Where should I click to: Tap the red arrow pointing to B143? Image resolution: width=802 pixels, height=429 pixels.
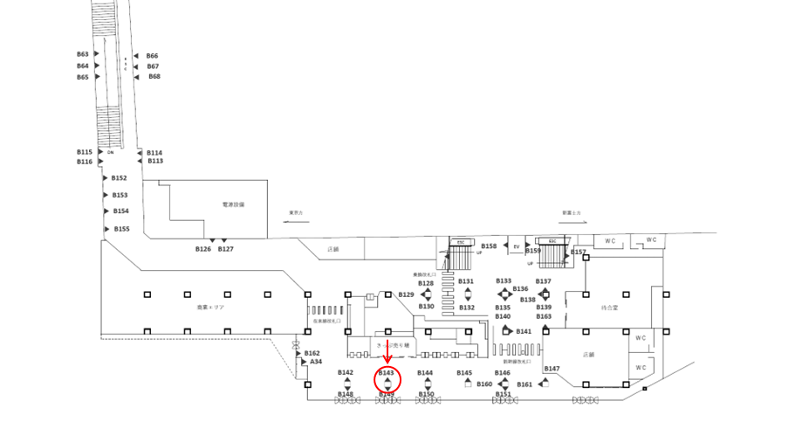click(387, 349)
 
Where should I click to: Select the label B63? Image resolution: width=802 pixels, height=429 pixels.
click(83, 54)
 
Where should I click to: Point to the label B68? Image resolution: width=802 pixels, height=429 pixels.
click(154, 77)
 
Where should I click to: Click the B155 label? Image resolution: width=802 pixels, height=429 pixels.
click(121, 229)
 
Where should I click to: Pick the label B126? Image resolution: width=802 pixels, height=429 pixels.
click(202, 249)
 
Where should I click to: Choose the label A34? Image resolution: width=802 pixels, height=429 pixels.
click(316, 361)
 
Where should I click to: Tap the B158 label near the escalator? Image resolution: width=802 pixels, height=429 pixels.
click(489, 246)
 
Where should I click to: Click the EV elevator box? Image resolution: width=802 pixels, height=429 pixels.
click(516, 246)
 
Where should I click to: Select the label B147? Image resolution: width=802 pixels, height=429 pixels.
click(552, 369)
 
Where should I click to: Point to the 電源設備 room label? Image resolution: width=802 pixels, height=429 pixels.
click(233, 204)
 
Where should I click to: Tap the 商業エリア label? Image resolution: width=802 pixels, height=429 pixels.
click(210, 308)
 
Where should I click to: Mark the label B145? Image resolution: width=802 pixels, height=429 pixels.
click(464, 373)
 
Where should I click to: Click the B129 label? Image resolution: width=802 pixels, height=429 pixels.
click(406, 294)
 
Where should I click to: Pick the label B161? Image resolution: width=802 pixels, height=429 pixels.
click(524, 384)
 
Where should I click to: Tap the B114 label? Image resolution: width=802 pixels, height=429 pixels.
click(154, 153)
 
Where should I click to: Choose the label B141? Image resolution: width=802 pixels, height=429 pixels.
click(524, 332)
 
